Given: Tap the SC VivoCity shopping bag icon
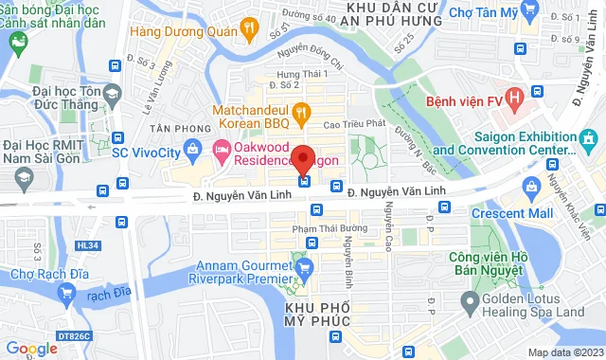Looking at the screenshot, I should [x=193, y=149].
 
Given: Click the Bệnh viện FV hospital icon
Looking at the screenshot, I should [x=514, y=97].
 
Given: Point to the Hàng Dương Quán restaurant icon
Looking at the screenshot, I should [x=249, y=28].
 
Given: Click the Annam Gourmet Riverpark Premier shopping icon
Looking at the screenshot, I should [x=304, y=269].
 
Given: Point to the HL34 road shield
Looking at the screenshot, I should [x=87, y=245].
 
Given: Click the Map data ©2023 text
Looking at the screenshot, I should [x=563, y=352].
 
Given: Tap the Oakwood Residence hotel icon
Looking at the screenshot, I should [x=221, y=150].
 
